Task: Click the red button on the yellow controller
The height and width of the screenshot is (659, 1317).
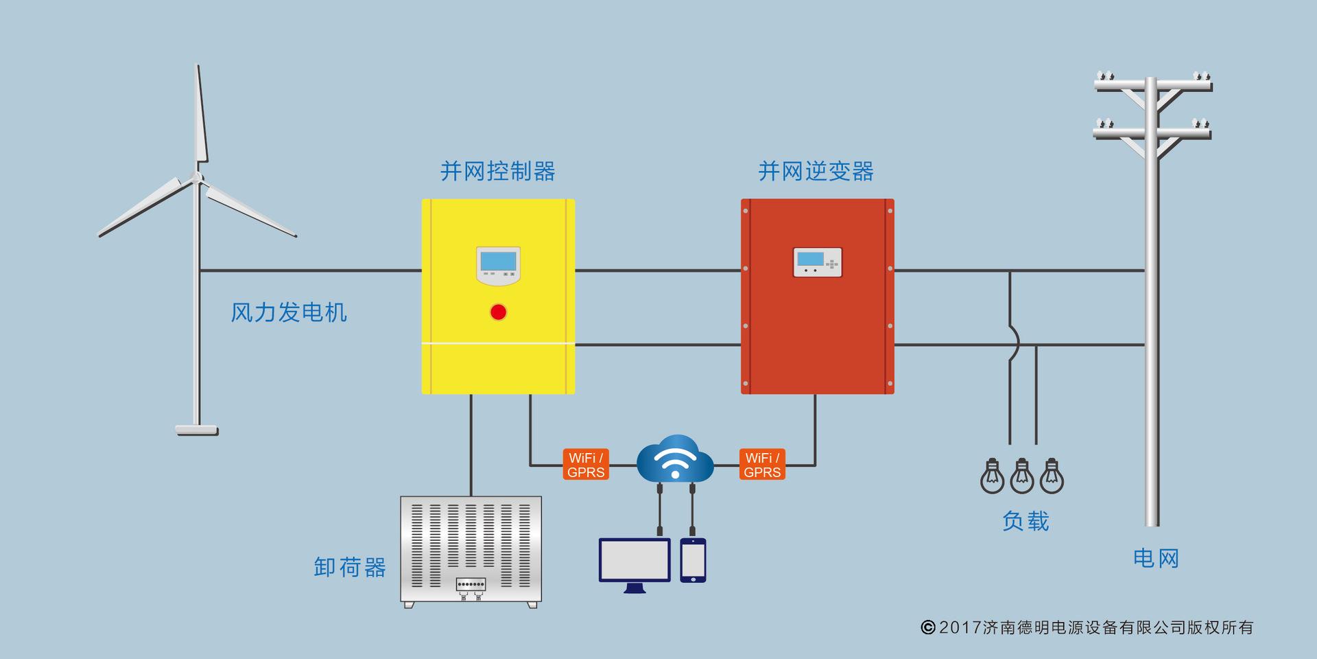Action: tap(498, 312)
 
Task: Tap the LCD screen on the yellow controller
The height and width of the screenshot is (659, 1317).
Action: tap(498, 262)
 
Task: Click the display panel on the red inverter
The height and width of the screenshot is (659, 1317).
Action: tap(817, 262)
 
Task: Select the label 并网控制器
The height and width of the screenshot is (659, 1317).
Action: tap(498, 171)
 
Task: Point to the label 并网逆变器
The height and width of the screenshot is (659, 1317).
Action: tap(816, 171)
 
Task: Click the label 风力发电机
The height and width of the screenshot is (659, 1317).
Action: tap(289, 312)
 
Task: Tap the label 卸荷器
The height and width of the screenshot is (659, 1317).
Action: tap(350, 567)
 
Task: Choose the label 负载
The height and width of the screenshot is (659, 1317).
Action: tap(1025, 521)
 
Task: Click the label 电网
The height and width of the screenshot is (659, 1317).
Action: tap(1156, 558)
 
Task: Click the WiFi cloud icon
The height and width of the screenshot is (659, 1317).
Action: tap(675, 459)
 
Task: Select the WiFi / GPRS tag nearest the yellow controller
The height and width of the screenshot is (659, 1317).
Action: tap(586, 465)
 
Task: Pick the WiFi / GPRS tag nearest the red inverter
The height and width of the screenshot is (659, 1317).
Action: tap(762, 465)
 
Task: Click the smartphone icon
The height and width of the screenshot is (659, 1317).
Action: tap(693, 560)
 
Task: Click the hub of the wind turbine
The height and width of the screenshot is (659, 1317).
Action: tap(198, 178)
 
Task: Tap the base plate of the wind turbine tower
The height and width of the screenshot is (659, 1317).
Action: tap(197, 430)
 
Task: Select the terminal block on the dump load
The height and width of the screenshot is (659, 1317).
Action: tap(471, 584)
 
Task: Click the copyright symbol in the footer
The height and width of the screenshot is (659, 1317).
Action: tap(928, 627)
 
